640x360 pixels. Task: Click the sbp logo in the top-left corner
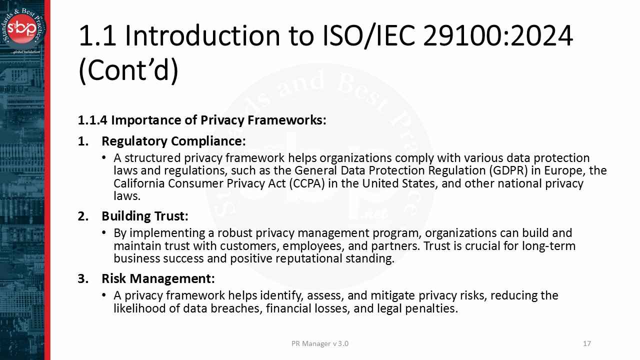pyautogui.click(x=25, y=26)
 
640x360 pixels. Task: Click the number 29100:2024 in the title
pyautogui.click(x=498, y=36)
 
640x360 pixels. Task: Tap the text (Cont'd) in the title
pyautogui.click(x=128, y=70)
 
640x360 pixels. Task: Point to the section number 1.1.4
pyautogui.click(x=92, y=120)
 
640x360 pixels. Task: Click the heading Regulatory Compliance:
pyautogui.click(x=173, y=141)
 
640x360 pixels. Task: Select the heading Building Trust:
pyautogui.click(x=145, y=216)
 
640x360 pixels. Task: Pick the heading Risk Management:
pyautogui.click(x=158, y=278)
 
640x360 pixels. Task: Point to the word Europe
pyautogui.click(x=563, y=171)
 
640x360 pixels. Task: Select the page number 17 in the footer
pyautogui.click(x=587, y=343)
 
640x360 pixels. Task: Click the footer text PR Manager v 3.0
pyautogui.click(x=320, y=343)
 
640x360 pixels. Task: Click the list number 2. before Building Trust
pyautogui.click(x=82, y=216)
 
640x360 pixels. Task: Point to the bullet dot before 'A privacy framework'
pyautogui.click(x=104, y=295)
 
